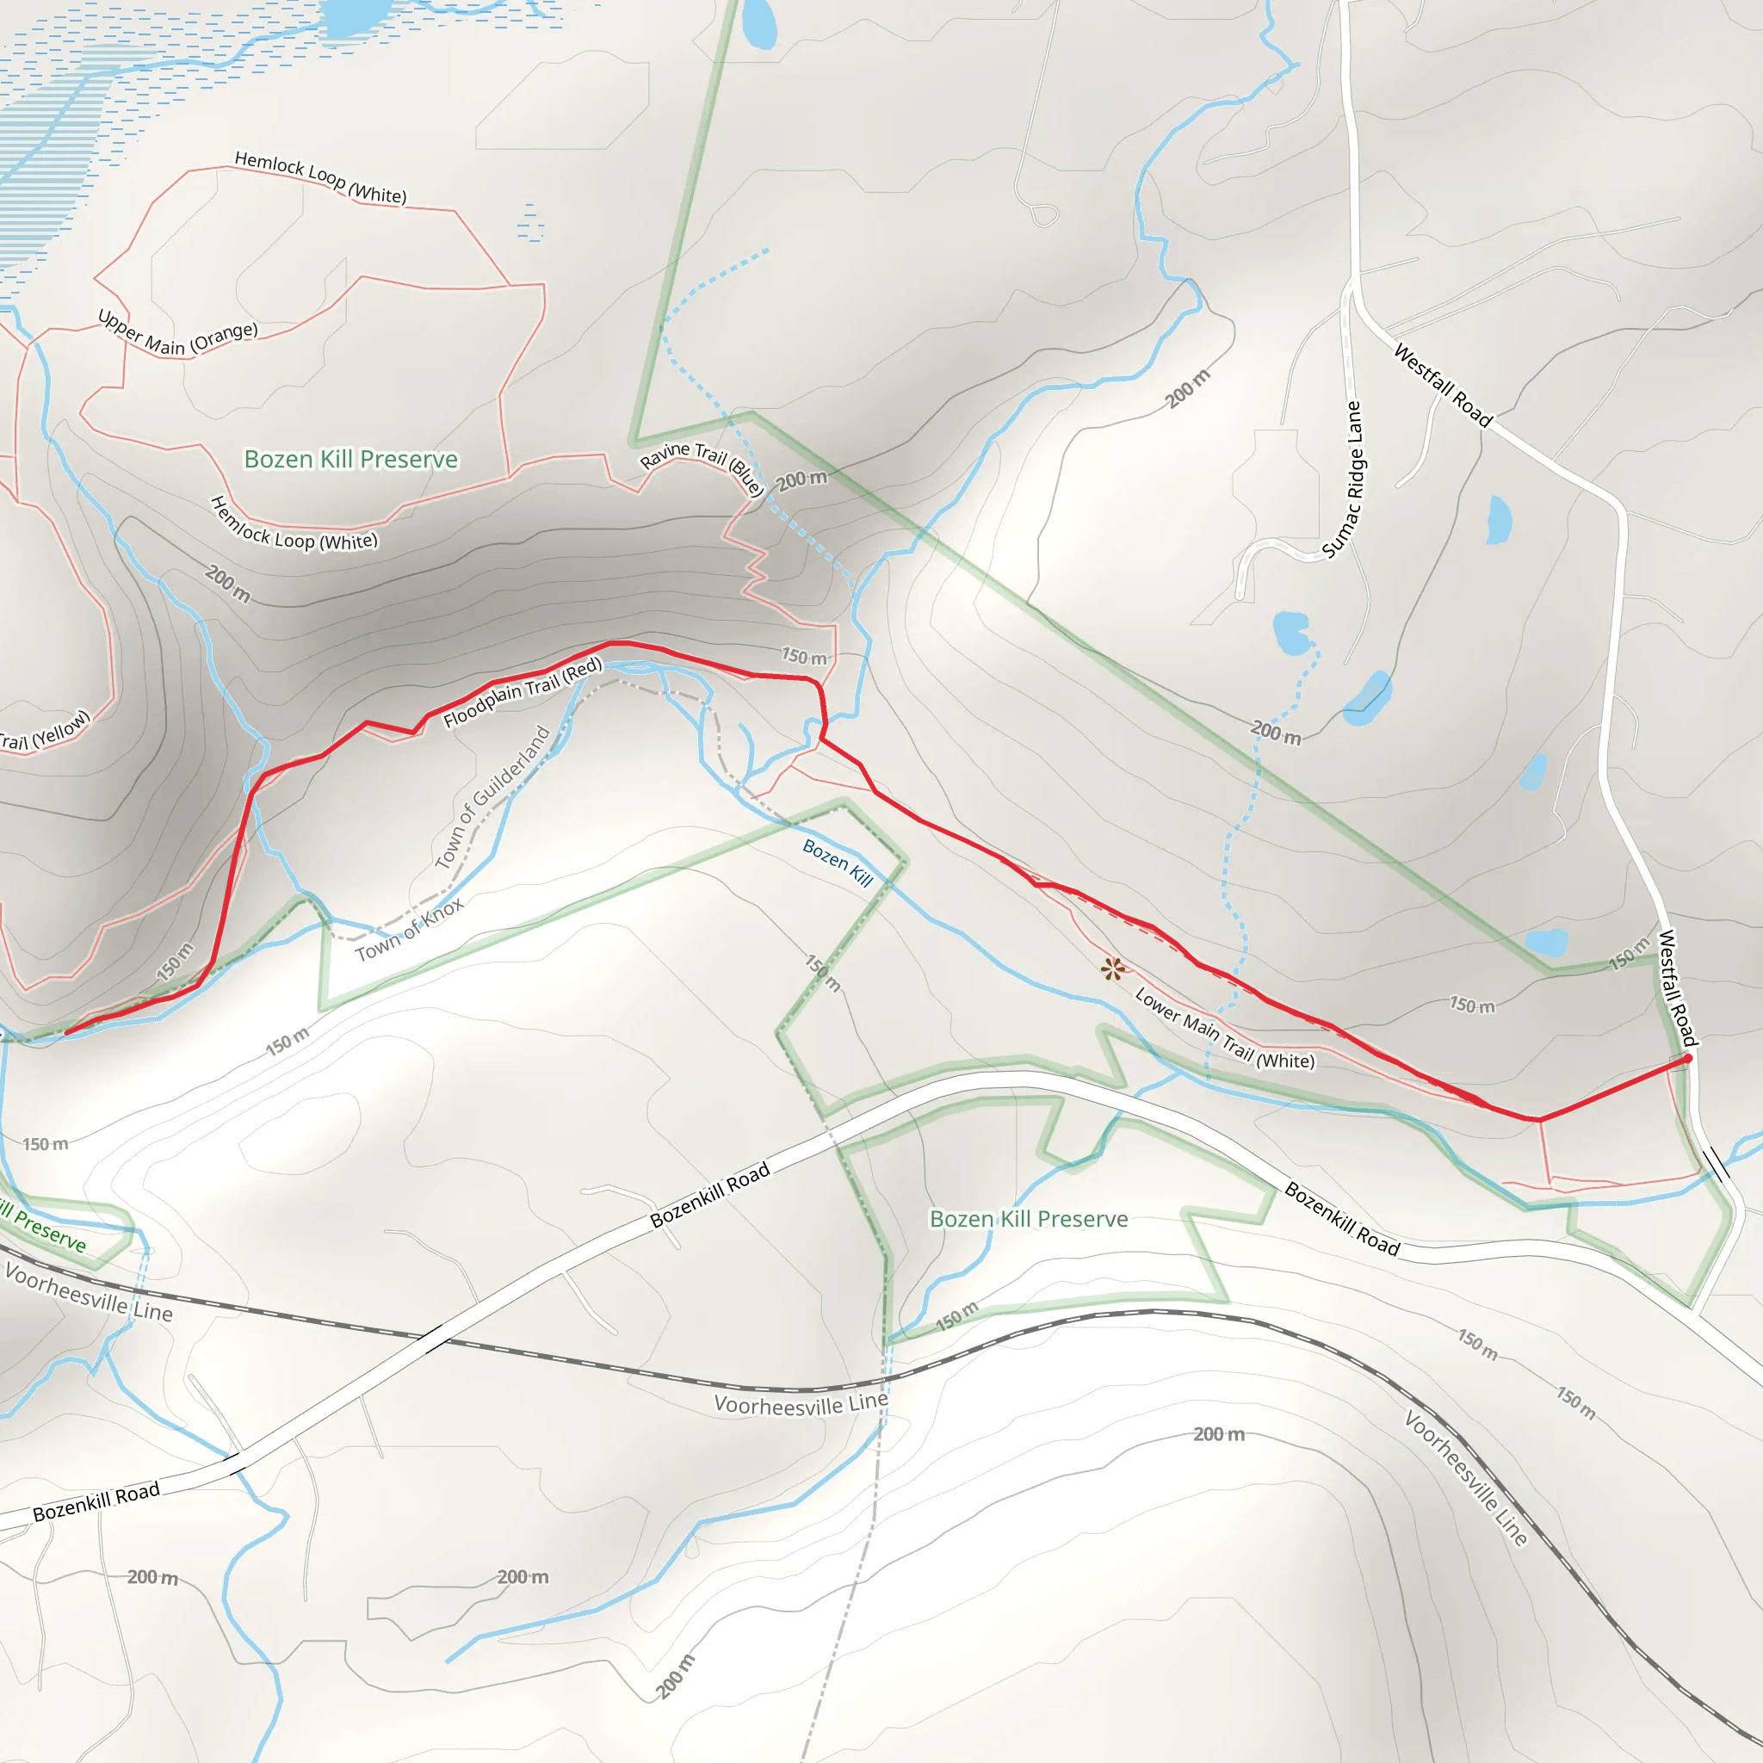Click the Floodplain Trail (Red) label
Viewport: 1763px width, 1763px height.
coord(523,693)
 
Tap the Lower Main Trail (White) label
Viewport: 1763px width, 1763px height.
coord(1224,1029)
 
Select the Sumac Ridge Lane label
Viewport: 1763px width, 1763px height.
coord(1343,480)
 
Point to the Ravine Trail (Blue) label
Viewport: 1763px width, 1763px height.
coord(702,467)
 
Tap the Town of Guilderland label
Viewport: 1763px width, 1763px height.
coord(492,796)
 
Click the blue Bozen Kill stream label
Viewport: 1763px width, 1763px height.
coord(838,863)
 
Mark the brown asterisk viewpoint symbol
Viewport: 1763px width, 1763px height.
coord(1111,968)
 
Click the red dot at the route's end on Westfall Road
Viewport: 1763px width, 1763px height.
coord(1687,1059)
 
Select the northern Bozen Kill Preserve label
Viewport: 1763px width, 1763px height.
coord(351,459)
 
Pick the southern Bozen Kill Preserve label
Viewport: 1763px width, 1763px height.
coord(1029,1219)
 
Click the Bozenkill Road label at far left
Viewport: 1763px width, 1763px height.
coord(96,1502)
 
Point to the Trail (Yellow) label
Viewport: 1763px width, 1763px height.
coord(44,732)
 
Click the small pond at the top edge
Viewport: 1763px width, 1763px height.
coord(759,24)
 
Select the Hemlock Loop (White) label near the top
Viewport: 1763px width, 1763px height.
coord(320,177)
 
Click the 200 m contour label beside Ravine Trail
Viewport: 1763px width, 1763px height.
coord(802,480)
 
